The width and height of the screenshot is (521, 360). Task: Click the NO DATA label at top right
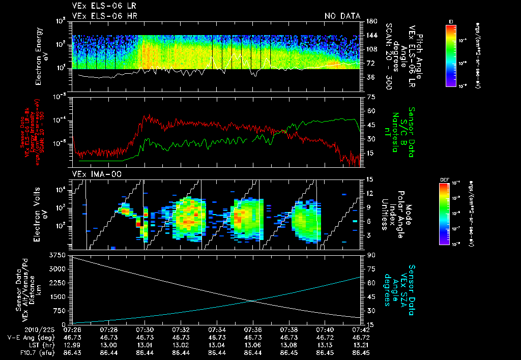342,16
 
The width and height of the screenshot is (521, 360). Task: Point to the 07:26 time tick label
72,329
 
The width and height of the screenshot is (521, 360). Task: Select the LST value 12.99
72,344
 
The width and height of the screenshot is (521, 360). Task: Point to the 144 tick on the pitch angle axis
370,35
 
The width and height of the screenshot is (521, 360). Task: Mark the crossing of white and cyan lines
253,301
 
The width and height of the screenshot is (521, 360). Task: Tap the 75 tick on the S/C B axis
370,97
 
